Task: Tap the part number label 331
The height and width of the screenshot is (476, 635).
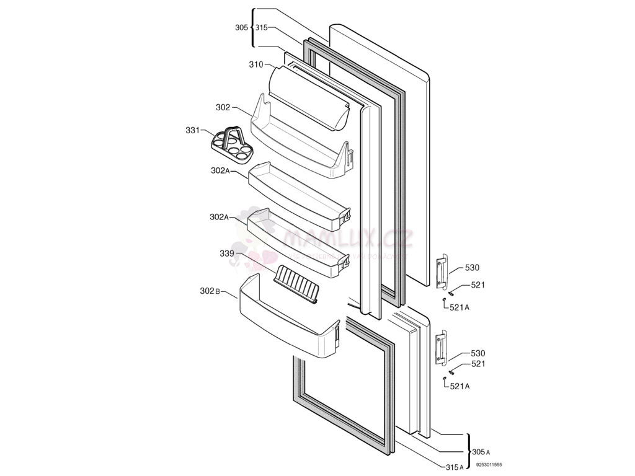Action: (192, 130)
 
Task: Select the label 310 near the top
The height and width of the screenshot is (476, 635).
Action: (256, 64)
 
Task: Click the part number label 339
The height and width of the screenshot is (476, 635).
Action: (226, 253)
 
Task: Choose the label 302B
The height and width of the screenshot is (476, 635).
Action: (210, 291)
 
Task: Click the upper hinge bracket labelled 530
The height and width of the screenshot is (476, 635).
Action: (442, 271)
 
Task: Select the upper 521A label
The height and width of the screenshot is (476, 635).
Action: (460, 307)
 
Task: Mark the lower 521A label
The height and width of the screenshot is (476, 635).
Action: (460, 386)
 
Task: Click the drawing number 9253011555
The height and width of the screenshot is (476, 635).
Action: (489, 464)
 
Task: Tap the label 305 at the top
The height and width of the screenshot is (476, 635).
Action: (241, 27)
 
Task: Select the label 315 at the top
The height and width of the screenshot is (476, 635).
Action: (261, 27)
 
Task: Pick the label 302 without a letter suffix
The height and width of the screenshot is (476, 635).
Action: (223, 107)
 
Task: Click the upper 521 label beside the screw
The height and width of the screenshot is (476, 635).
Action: (477, 285)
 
